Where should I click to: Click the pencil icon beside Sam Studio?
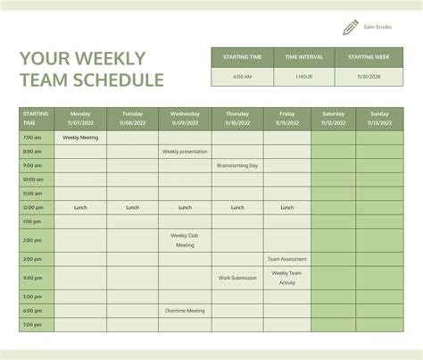tap(350, 28)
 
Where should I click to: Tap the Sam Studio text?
tap(377, 28)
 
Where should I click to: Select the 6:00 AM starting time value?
tap(242, 77)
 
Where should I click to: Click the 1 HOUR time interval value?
tap(304, 77)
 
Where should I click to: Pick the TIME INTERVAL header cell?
tap(304, 57)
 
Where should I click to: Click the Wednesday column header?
tap(185, 118)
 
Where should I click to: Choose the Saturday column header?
tap(333, 118)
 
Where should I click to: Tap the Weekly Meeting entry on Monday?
tap(80, 138)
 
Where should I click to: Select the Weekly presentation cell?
tap(185, 152)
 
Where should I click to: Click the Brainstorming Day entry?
tap(237, 165)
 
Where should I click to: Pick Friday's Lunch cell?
tap(286, 207)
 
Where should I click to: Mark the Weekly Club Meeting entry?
tap(185, 240)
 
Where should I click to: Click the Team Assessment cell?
tap(286, 259)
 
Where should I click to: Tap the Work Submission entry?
tap(237, 278)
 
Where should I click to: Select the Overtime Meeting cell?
tap(185, 311)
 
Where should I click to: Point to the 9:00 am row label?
tap(32, 165)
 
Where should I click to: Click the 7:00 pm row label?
tap(32, 324)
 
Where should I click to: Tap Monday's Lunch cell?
tap(80, 207)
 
